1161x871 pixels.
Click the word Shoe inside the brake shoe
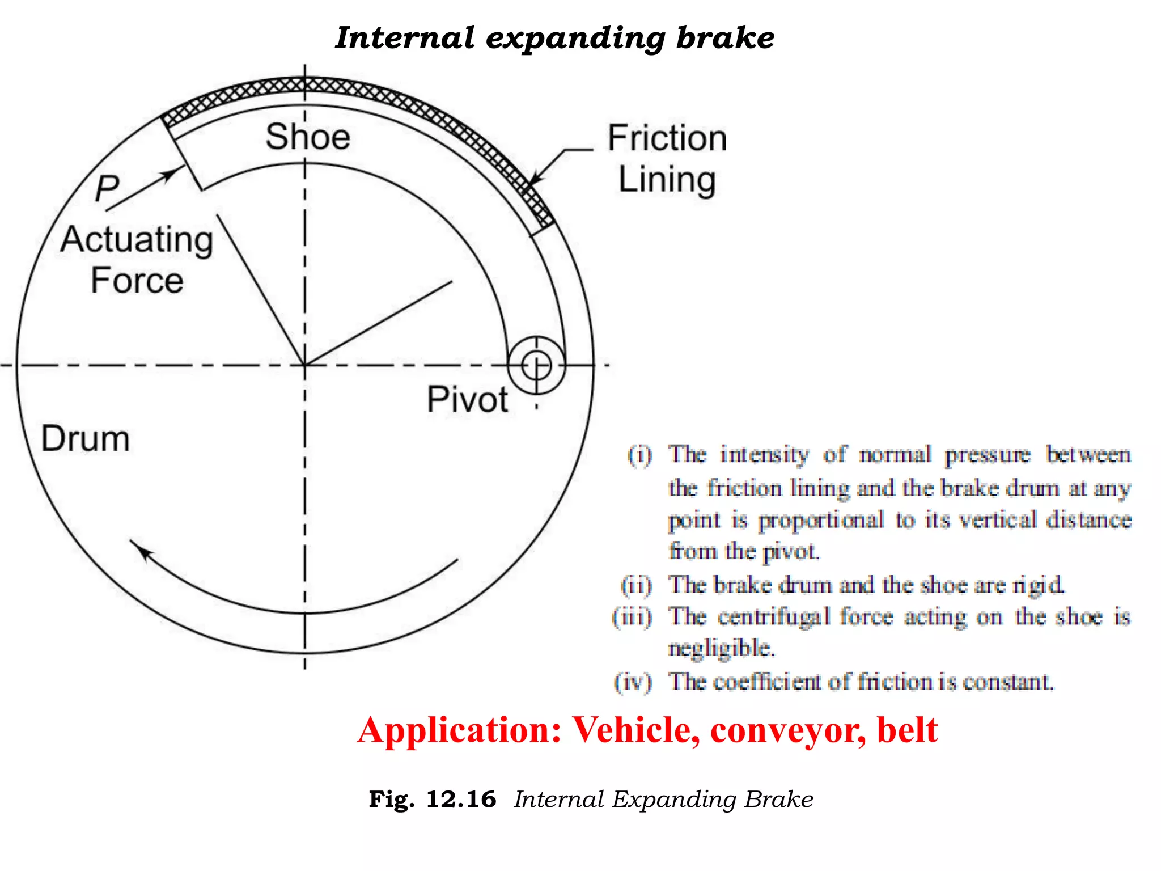click(308, 137)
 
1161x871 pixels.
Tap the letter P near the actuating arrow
click(107, 188)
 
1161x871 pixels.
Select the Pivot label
click(467, 399)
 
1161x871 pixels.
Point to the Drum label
click(86, 439)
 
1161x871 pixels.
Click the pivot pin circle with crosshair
click(536, 365)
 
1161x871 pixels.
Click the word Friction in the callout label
click(667, 138)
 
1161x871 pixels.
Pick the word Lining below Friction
click(667, 180)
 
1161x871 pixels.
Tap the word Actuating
click(137, 239)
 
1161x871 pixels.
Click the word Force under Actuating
click(137, 280)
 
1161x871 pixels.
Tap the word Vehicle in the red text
click(635, 730)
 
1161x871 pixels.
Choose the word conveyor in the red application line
click(788, 730)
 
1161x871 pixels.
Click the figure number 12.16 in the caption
click(461, 800)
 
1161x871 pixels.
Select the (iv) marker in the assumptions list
click(633, 682)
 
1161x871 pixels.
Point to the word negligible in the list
click(721, 648)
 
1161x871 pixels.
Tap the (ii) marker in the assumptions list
click(637, 585)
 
